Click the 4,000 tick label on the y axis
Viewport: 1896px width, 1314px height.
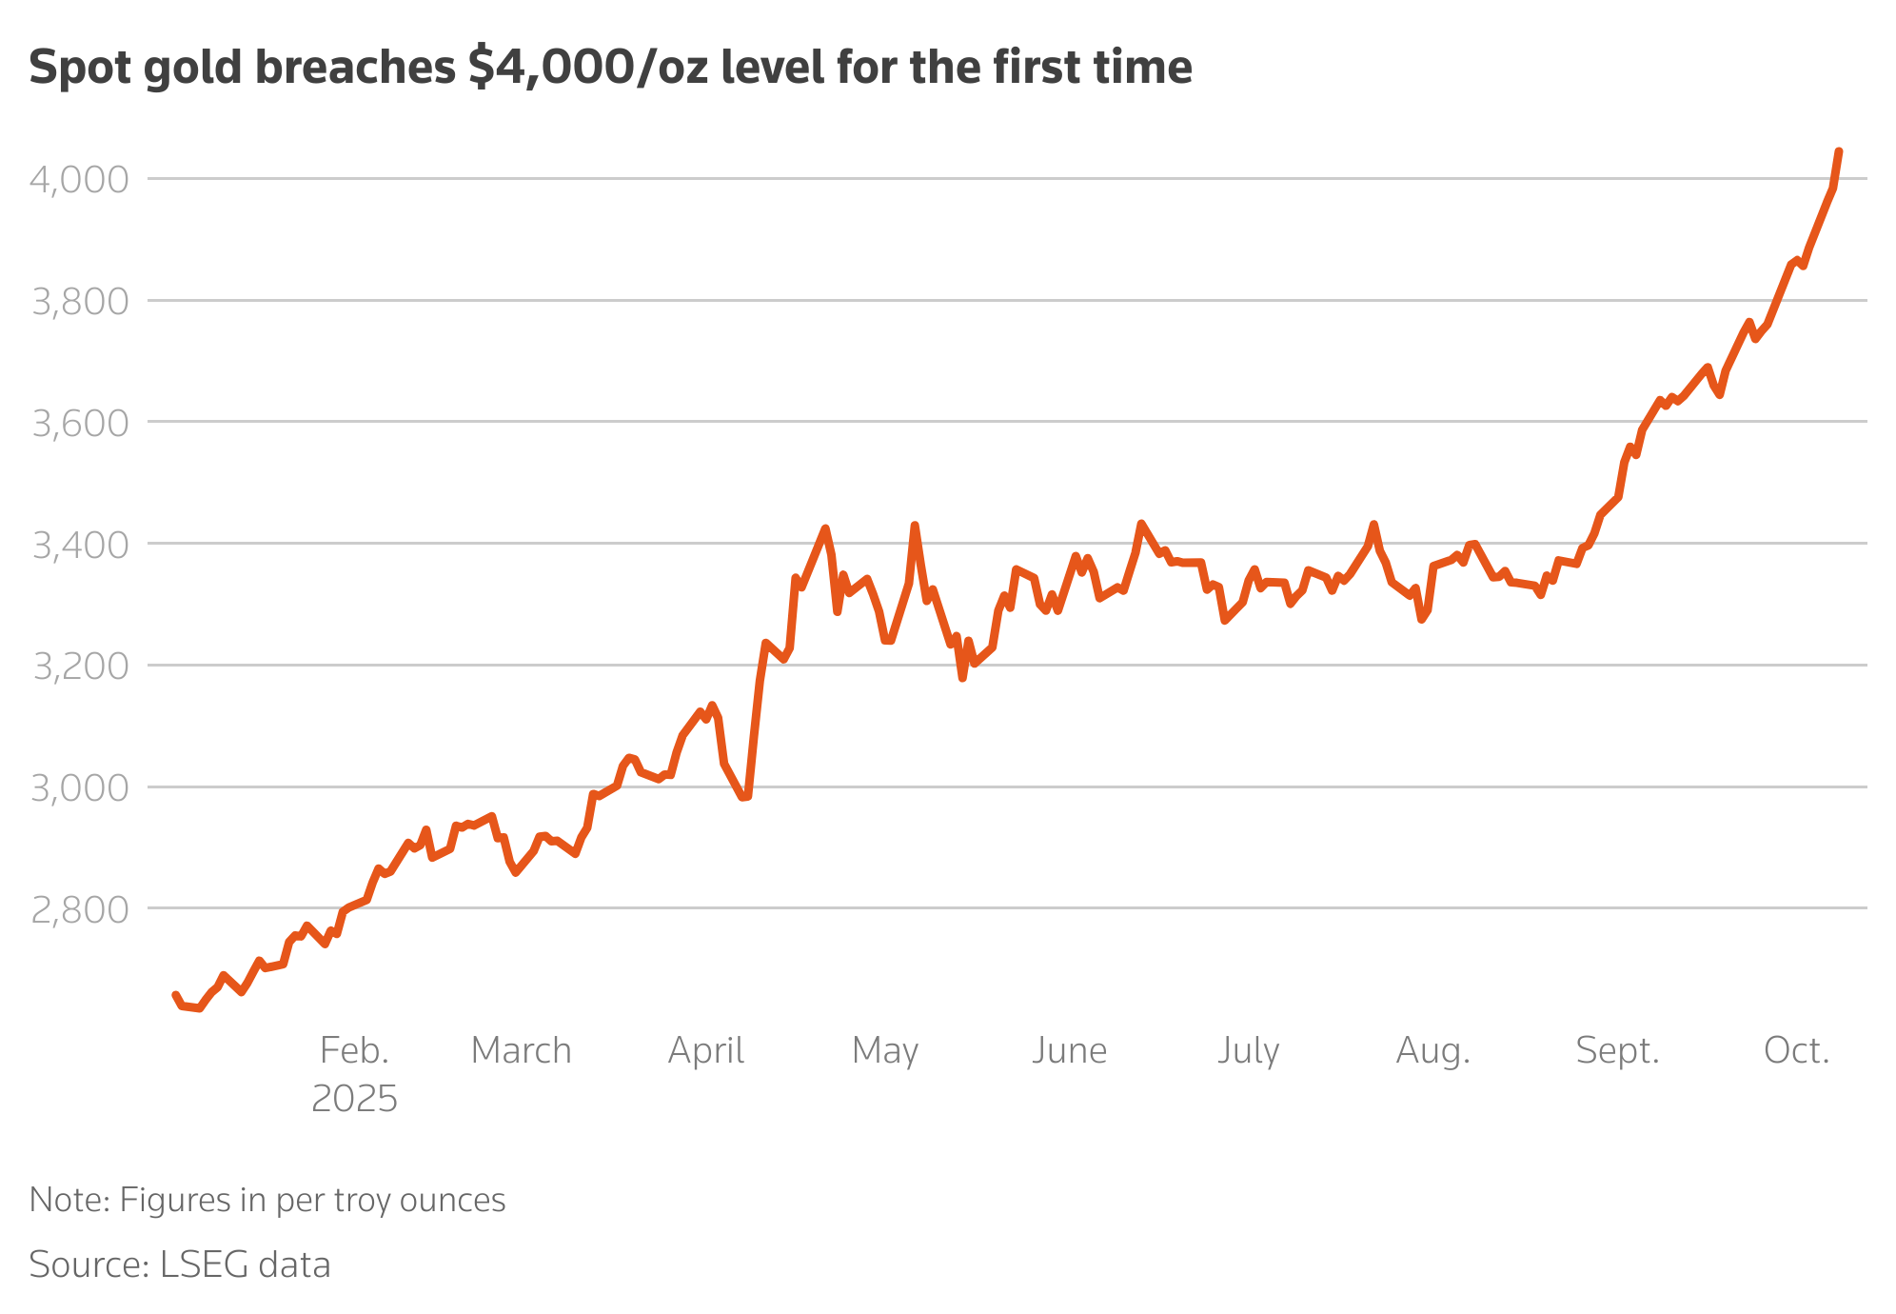coord(79,179)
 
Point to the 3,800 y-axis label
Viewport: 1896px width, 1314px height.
coord(79,301)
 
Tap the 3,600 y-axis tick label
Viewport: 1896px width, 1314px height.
coord(79,423)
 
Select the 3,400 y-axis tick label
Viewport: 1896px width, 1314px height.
coord(79,545)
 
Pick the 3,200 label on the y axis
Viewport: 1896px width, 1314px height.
coord(79,667)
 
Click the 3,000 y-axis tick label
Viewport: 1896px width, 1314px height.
coord(79,788)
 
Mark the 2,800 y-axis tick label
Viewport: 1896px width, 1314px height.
coord(79,910)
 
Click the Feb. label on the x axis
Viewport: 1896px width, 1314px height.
coord(354,1050)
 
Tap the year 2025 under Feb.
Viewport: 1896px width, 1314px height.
coord(354,1099)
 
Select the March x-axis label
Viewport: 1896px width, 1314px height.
coord(521,1050)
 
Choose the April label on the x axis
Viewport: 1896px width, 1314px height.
coord(705,1050)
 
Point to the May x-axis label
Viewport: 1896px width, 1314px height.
coord(885,1050)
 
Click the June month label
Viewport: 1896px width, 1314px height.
coord(1069,1050)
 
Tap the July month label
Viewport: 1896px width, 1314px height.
coord(1248,1050)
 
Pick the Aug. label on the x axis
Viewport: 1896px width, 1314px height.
coord(1432,1050)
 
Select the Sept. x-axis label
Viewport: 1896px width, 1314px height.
coord(1617,1050)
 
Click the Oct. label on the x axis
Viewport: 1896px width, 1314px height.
coord(1796,1050)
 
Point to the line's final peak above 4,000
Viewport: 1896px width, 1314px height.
coord(1838,152)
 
